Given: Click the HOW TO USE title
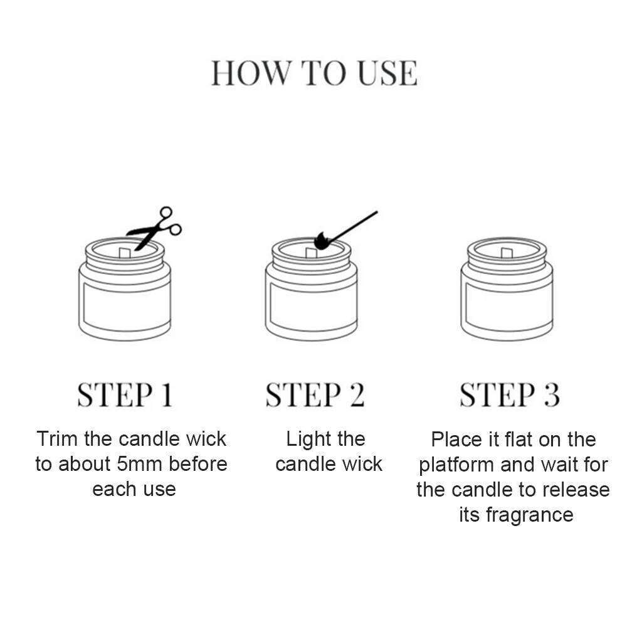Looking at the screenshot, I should point(313,73).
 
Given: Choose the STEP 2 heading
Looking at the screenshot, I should point(314,395).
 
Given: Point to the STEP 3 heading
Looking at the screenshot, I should point(509,395).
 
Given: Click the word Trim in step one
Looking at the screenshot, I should point(58,439).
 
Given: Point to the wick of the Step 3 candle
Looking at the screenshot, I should point(505,253).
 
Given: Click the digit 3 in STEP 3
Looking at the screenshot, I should point(551,395).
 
